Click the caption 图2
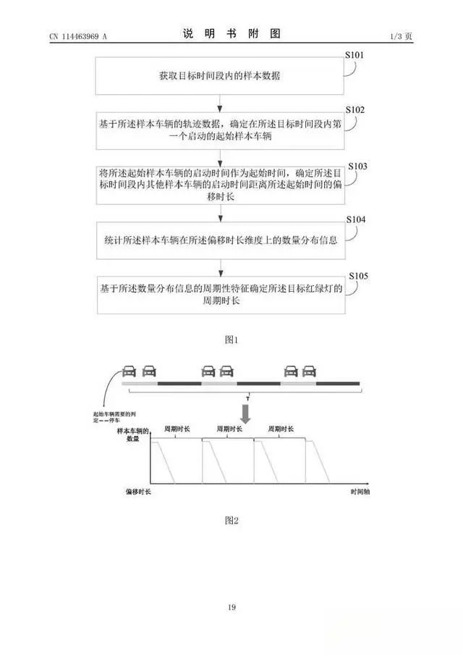pyautogui.click(x=231, y=519)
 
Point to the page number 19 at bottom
pyautogui.click(x=231, y=607)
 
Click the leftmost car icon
pyautogui.click(x=129, y=371)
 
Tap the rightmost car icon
pyautogui.click(x=310, y=371)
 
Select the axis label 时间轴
pyautogui.click(x=360, y=492)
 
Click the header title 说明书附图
pyautogui.click(x=231, y=34)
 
